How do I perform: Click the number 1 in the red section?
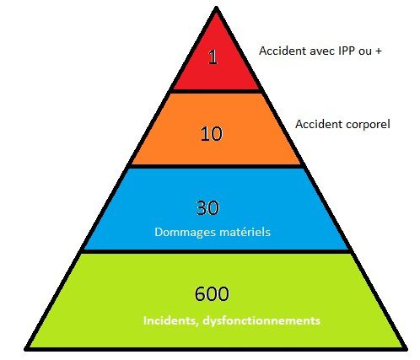pyautogui.click(x=213, y=57)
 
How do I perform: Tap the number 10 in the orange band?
pyautogui.click(x=212, y=133)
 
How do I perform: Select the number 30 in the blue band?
pyautogui.click(x=207, y=208)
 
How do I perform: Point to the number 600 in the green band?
pyautogui.click(x=212, y=294)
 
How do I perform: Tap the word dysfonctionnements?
pyautogui.click(x=261, y=321)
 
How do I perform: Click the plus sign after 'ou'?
pyautogui.click(x=378, y=51)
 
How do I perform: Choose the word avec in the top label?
pyautogui.click(x=322, y=51)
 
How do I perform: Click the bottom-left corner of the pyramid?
pyautogui.click(x=25, y=349)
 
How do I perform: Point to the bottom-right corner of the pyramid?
pyautogui.click(x=406, y=349)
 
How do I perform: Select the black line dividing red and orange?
pyautogui.click(x=215, y=91)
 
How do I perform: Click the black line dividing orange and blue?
pyautogui.click(x=216, y=166)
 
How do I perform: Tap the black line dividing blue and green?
pyautogui.click(x=216, y=251)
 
